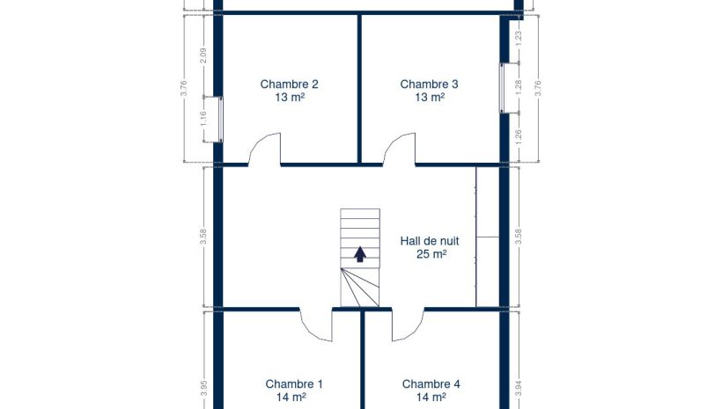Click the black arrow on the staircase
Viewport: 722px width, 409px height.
(x=360, y=254)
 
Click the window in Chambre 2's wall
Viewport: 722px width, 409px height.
(x=220, y=119)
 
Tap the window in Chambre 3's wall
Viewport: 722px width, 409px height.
(x=502, y=87)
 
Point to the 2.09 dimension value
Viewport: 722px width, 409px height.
(x=203, y=55)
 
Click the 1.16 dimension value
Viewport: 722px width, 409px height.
(x=203, y=119)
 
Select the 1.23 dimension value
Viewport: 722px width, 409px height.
(x=519, y=38)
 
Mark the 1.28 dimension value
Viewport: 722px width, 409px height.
(x=519, y=87)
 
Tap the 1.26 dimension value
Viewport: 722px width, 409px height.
(x=519, y=137)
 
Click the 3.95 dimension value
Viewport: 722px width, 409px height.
(x=203, y=388)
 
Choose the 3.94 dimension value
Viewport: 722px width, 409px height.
(x=519, y=388)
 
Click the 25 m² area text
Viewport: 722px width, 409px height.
(x=431, y=254)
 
